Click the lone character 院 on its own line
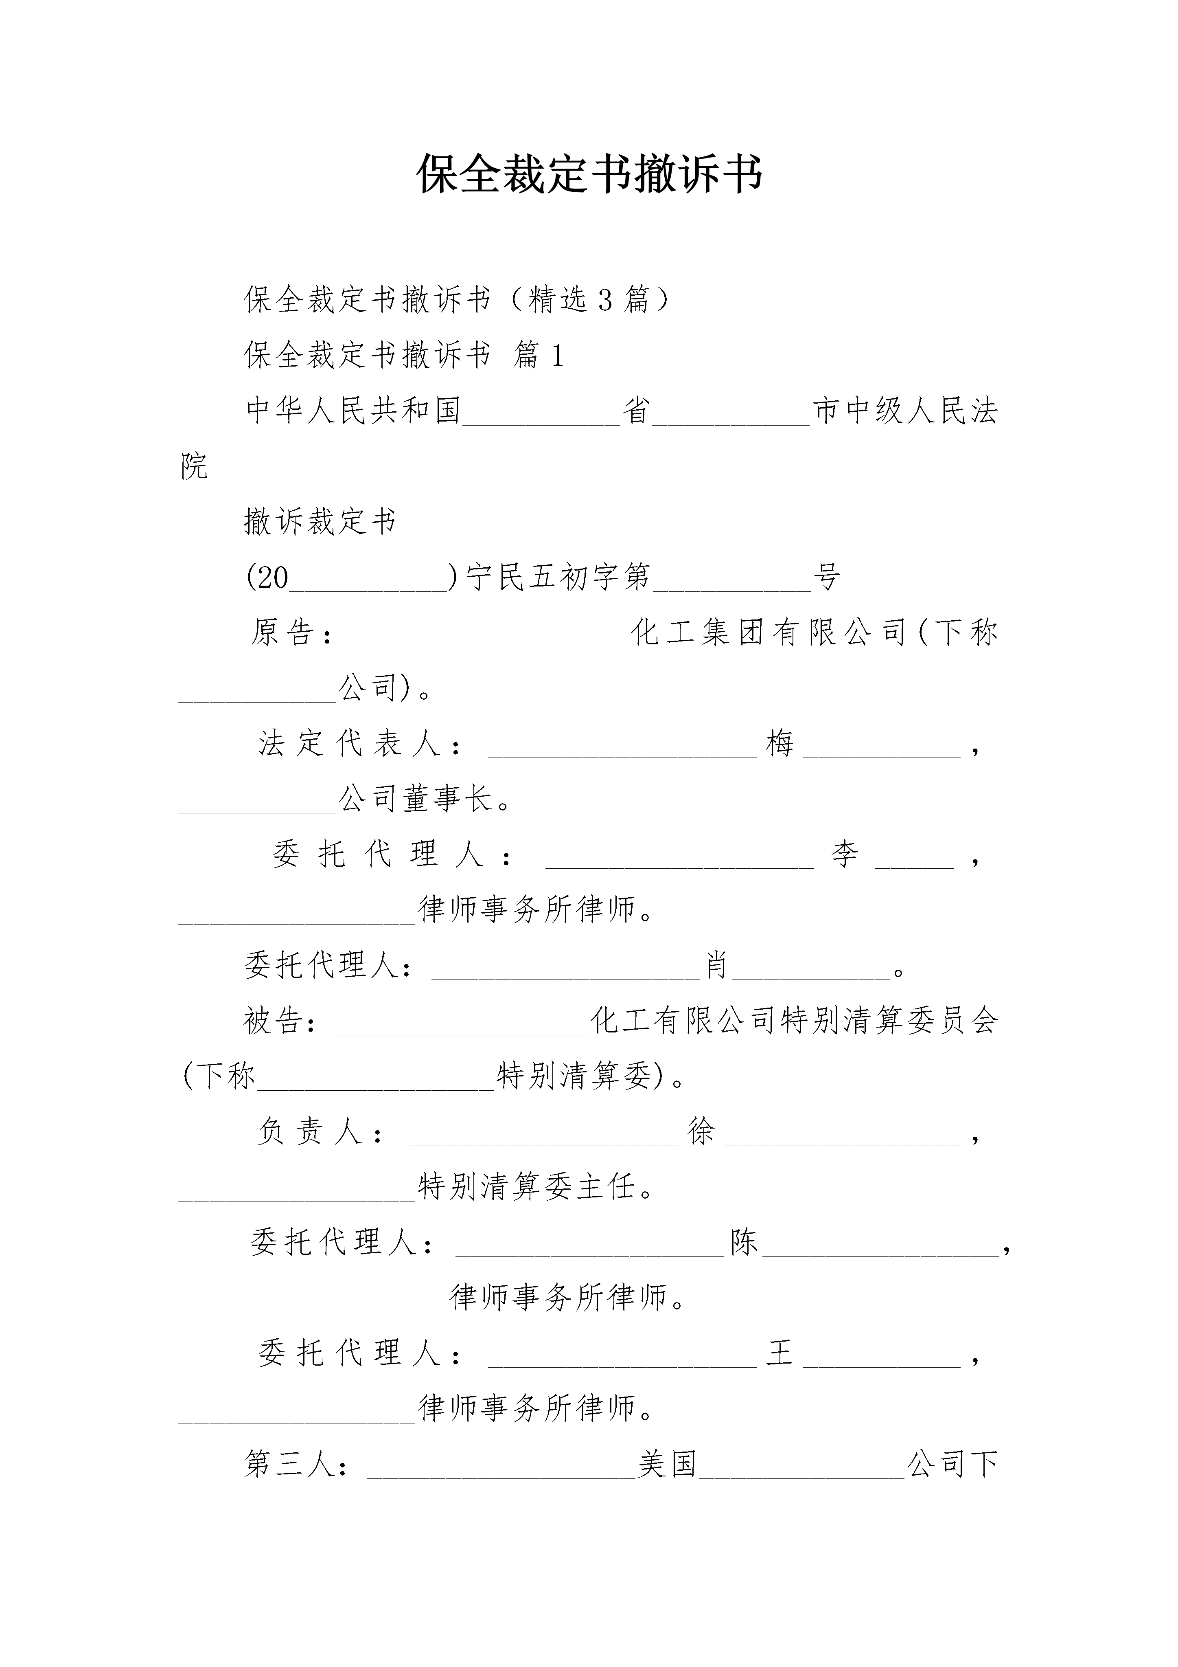tap(194, 466)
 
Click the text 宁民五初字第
tap(557, 577)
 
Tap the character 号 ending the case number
tap(826, 577)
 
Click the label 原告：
tap(293, 633)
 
